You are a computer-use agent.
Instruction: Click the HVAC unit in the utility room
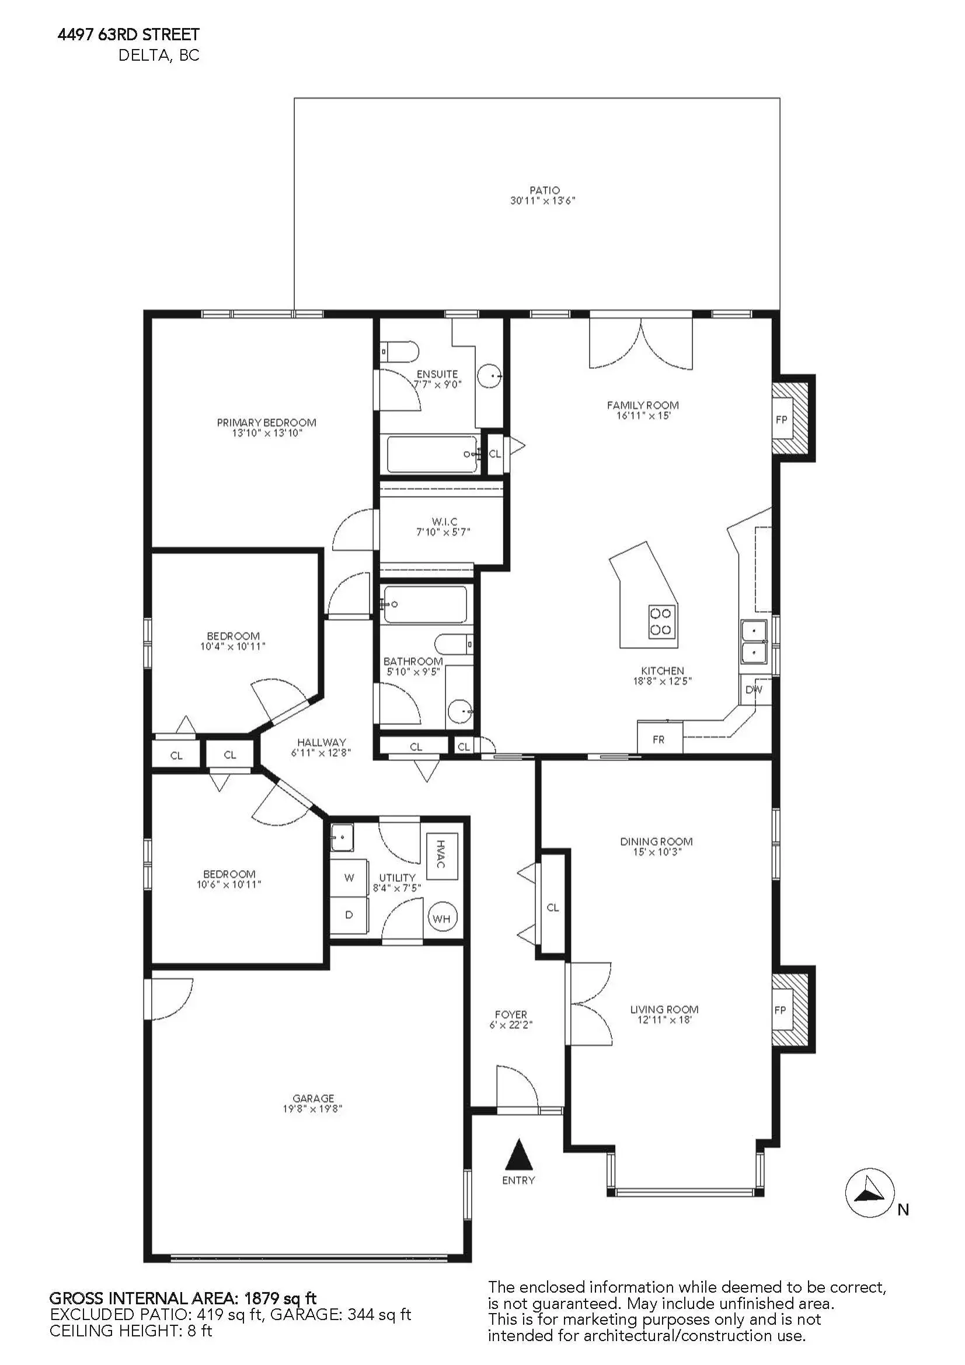point(442,857)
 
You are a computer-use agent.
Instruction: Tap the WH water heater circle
point(442,918)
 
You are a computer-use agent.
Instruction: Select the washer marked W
point(349,878)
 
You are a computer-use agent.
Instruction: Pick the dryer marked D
point(349,915)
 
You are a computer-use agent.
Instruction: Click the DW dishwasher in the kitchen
point(755,690)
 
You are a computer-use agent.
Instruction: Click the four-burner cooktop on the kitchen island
point(661,622)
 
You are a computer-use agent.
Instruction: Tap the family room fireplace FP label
point(781,420)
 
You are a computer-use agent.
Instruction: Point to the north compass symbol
point(870,1193)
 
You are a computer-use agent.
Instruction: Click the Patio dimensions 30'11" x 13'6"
point(543,201)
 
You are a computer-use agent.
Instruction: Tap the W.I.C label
point(444,522)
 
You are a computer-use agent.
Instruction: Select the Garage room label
point(313,1098)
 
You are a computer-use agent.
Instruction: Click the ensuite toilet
point(399,352)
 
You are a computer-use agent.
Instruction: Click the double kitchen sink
point(754,641)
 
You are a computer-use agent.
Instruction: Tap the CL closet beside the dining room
point(553,907)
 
